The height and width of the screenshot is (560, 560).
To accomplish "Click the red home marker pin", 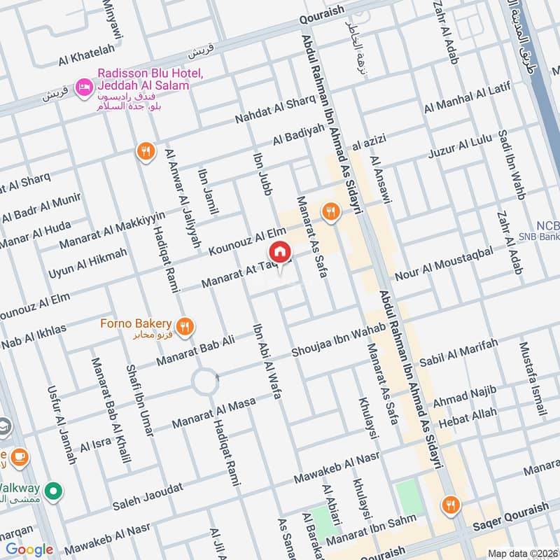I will pos(279,252).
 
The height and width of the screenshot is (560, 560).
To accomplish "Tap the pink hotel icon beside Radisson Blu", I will pos(83,85).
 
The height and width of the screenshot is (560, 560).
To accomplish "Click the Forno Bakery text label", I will pos(136,323).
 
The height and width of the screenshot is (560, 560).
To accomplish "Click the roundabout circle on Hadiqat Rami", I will pos(206,382).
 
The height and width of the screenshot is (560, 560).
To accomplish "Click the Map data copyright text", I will pos(522,553).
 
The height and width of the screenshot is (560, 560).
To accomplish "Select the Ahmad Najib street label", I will pos(464,396).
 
